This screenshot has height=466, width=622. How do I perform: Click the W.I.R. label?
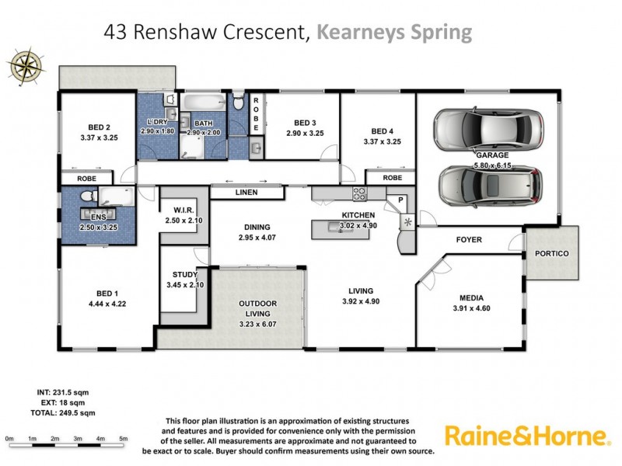pyautogui.click(x=183, y=210)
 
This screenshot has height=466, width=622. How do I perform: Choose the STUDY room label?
pyautogui.click(x=185, y=274)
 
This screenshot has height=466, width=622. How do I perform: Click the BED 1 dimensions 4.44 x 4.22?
pyautogui.click(x=107, y=304)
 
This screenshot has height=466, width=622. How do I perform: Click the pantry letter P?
pyautogui.click(x=400, y=200)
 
